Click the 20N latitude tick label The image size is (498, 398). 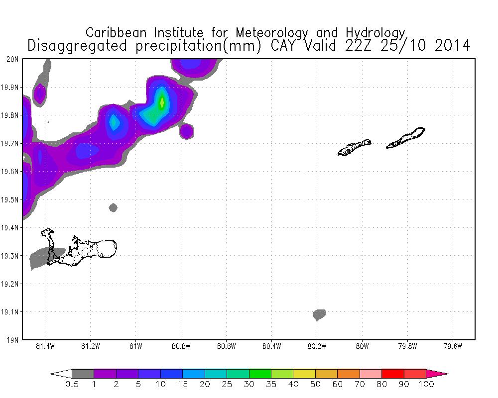click(12, 59)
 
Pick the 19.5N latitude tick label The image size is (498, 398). click(10, 199)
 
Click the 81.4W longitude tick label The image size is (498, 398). click(45, 347)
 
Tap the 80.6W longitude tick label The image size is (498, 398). click(226, 347)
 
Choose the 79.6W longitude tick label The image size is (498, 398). click(452, 347)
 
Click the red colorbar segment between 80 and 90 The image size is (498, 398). click(392, 374)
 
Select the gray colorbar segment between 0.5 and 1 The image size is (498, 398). click(83, 374)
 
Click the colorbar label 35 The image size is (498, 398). click(271, 384)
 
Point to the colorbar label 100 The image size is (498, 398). click(426, 384)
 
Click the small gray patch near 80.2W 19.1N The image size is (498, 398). click(319, 314)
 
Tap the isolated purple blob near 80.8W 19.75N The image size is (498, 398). click(186, 131)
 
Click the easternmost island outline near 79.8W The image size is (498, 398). click(406, 138)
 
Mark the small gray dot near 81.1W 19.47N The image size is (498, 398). click(113, 207)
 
